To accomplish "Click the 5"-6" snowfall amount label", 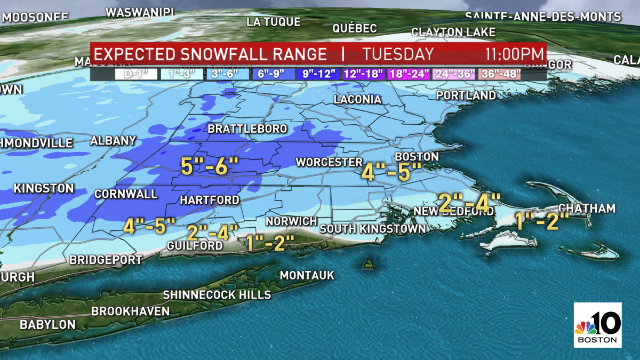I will click(205, 167).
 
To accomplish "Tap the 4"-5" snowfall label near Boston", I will click(391, 172).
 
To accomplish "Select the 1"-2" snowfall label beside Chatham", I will click(539, 221).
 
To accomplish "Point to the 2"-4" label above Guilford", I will click(213, 233).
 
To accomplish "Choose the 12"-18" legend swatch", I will click(362, 74).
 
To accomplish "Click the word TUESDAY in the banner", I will click(398, 54).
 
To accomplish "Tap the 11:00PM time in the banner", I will click(514, 54).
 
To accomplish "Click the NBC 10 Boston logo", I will click(597, 325).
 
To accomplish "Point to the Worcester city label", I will click(329, 162).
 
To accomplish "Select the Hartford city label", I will click(210, 200).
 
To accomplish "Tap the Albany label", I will click(113, 141).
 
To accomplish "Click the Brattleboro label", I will click(247, 129).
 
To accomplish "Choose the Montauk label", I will click(307, 275).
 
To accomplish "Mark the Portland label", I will click(466, 95).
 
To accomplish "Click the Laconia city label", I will click(357, 100).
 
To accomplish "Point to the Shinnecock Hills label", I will click(217, 294).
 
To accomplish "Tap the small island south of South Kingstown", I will click(367, 263).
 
